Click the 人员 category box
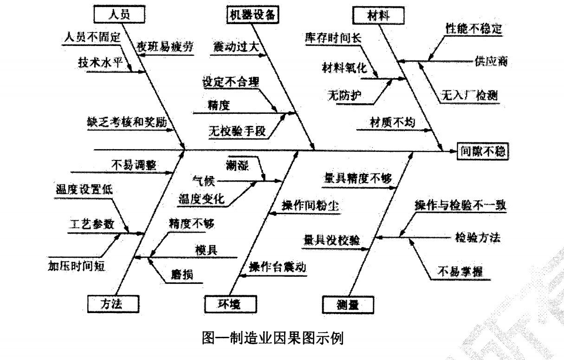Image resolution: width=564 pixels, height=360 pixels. coord(119,14)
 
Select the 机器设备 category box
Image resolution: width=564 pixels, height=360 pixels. coord(253,14)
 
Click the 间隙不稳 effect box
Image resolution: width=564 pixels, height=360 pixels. coord(483,151)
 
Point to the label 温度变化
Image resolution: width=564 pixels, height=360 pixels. coord(202,199)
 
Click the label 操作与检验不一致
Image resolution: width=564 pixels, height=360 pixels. coord(460,204)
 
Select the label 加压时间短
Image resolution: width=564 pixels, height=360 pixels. coord(78,266)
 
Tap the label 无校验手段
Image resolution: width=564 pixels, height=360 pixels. coord(237,131)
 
